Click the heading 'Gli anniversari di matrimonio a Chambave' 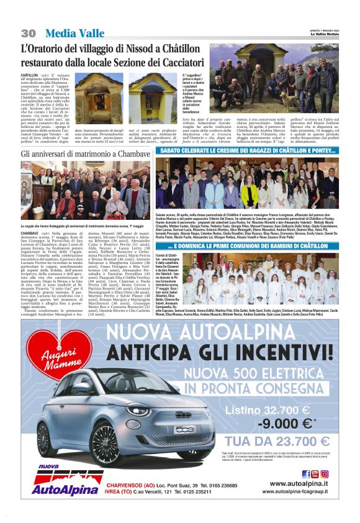86,153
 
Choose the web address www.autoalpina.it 299,483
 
